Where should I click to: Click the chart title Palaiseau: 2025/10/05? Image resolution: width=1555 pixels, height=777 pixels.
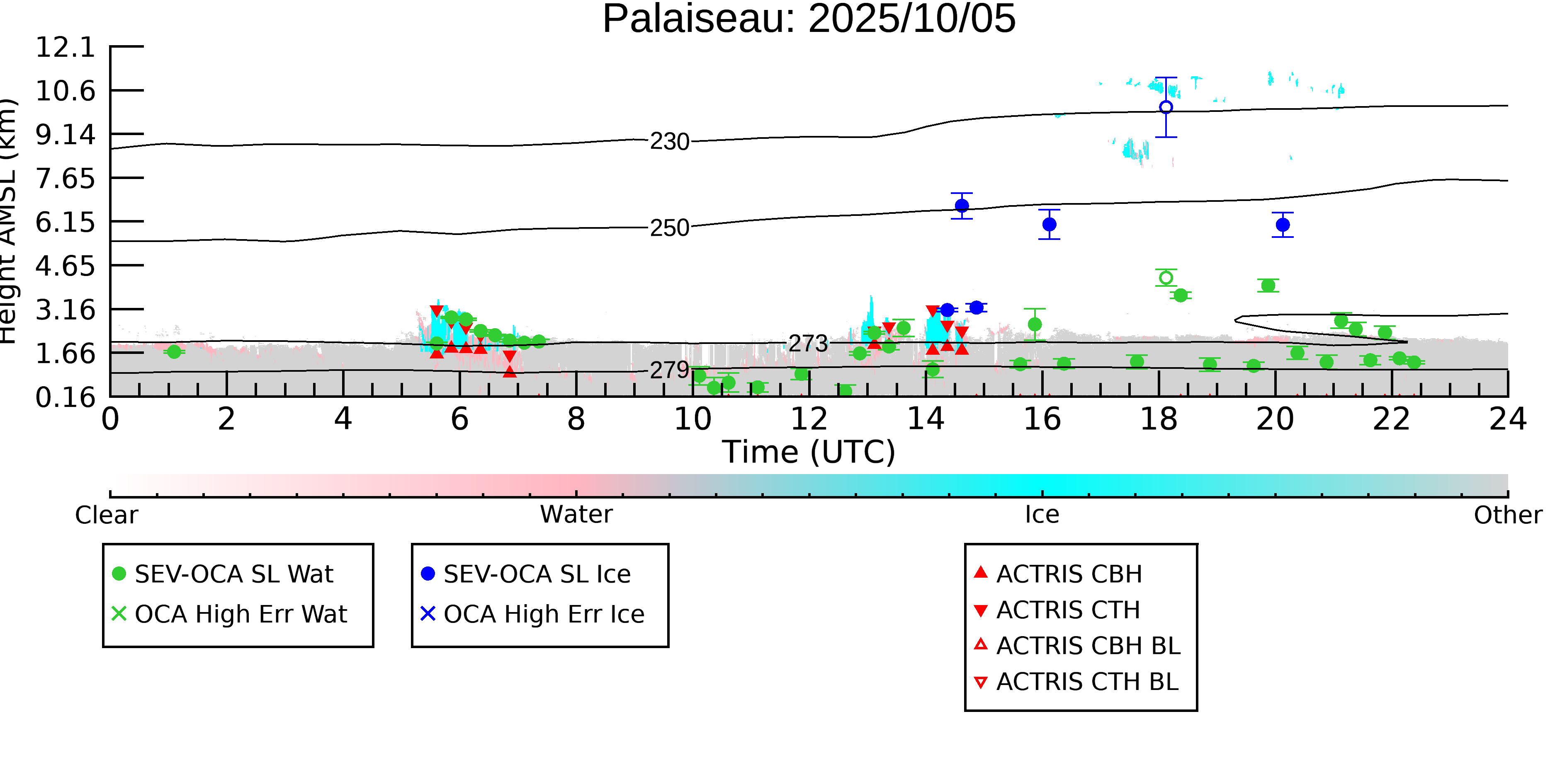pyautogui.click(x=809, y=19)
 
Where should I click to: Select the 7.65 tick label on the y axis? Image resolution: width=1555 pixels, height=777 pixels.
pyautogui.click(x=65, y=179)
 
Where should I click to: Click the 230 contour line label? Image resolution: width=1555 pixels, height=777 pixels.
pyautogui.click(x=669, y=142)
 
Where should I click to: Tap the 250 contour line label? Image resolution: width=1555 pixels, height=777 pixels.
pyautogui.click(x=669, y=228)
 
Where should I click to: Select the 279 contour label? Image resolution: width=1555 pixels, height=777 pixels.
pyautogui.click(x=669, y=370)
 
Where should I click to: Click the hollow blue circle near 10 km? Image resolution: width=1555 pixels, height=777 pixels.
pyautogui.click(x=1166, y=107)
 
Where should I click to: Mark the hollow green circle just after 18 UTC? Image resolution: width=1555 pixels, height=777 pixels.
pyautogui.click(x=1166, y=278)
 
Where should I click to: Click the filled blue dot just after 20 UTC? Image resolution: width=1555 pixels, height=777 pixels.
pyautogui.click(x=1283, y=225)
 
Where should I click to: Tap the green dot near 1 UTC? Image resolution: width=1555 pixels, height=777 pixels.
pyautogui.click(x=174, y=352)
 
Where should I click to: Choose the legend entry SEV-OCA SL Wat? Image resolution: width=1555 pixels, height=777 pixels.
pyautogui.click(x=233, y=574)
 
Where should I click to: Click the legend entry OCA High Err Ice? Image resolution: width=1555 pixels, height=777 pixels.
pyautogui.click(x=543, y=614)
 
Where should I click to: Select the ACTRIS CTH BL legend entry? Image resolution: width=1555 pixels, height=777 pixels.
pyautogui.click(x=1086, y=682)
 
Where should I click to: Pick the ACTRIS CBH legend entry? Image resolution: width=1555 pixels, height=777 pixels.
pyautogui.click(x=1069, y=574)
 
